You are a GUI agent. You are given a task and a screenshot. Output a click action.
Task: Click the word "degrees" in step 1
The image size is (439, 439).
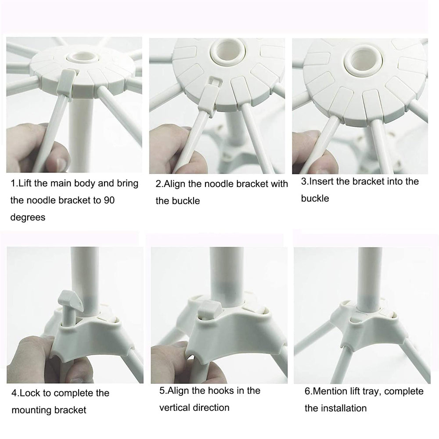pos(28,218)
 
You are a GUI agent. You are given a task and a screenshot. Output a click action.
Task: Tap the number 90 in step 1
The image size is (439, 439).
pos(109,201)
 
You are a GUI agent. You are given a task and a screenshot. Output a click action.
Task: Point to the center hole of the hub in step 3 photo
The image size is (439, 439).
pos(360,59)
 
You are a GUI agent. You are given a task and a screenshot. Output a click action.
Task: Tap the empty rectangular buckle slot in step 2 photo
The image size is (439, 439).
pos(216,81)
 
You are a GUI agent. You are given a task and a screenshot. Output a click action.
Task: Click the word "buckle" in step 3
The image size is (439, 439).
pos(315,198)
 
